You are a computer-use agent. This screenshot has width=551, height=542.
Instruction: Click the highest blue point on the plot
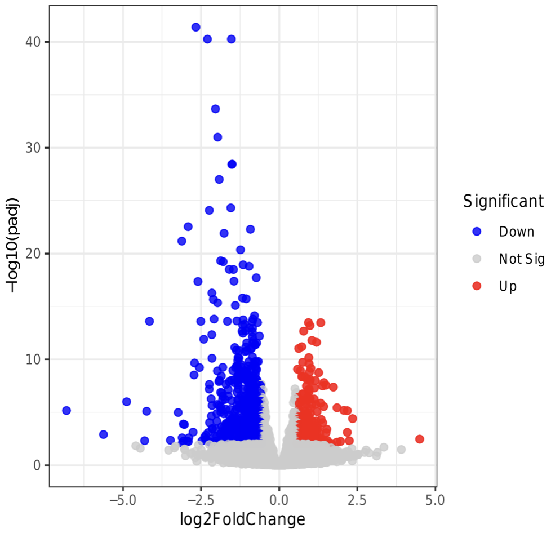(196, 27)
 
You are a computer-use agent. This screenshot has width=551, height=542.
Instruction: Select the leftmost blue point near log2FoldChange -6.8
(66, 411)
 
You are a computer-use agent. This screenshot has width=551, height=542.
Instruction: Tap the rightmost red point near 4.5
(419, 439)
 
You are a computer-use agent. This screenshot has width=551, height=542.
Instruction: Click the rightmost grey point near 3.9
(401, 450)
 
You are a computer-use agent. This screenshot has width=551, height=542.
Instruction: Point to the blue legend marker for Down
(477, 231)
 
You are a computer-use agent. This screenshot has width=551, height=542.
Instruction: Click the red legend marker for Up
(477, 286)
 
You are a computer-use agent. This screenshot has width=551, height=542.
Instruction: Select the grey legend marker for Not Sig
(477, 259)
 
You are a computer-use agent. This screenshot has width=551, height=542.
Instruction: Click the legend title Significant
(503, 201)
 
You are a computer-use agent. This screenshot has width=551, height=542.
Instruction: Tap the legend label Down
(516, 232)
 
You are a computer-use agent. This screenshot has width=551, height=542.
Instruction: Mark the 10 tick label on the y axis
(35, 359)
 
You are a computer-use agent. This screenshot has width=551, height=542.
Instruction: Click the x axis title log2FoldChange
(242, 519)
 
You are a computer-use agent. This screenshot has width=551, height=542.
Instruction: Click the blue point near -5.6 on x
(103, 434)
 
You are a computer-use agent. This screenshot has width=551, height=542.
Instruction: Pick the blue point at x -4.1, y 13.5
(149, 321)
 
